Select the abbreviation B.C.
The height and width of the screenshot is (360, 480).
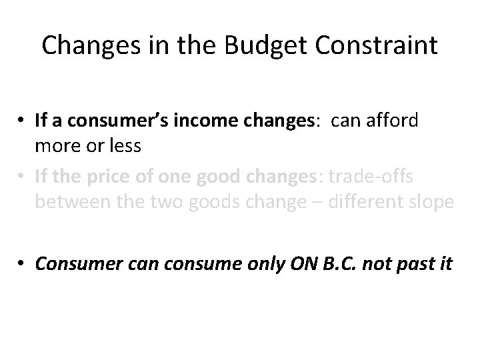click(x=331, y=264)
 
